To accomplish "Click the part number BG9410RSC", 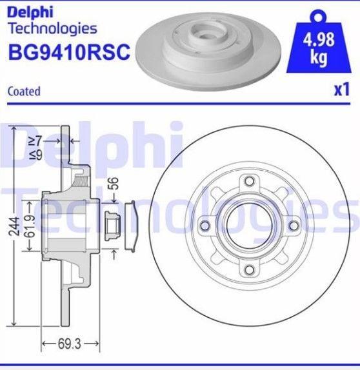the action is pyautogui.click(x=69, y=52).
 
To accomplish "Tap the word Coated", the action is pyautogui.click(x=24, y=92).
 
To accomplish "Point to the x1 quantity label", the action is pyautogui.click(x=341, y=90).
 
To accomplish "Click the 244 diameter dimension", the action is pyautogui.click(x=14, y=226).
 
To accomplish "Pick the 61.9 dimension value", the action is pyautogui.click(x=30, y=226).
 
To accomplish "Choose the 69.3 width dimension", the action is pyautogui.click(x=70, y=344).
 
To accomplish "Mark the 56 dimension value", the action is pyautogui.click(x=114, y=183).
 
